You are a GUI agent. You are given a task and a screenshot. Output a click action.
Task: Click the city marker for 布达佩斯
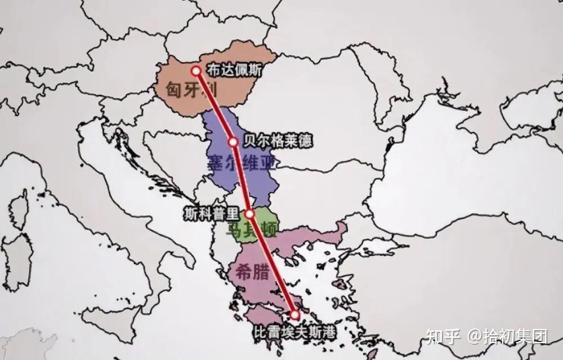tap(195, 71)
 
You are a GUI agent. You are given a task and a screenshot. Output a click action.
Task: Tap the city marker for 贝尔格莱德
tap(233, 142)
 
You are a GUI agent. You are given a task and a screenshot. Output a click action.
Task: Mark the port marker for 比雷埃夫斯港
tap(294, 314)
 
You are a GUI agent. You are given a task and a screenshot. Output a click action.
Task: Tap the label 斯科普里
tap(213, 214)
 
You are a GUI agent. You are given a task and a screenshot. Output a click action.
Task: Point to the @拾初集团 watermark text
tap(507, 337)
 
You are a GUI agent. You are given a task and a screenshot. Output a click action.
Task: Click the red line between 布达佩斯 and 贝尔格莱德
tap(214, 106)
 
